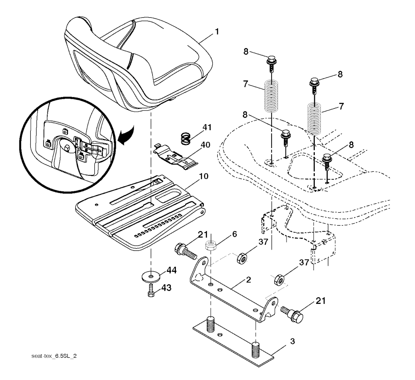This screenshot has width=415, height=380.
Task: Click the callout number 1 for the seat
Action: coord(217,32)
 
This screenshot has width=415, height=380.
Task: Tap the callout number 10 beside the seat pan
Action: coord(203,176)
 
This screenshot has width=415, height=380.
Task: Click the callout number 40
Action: coord(205,145)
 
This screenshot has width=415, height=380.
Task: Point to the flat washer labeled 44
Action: coord(151,277)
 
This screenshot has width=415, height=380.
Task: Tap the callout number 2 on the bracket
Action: coord(248,280)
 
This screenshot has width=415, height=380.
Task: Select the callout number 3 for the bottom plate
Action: coord(292,342)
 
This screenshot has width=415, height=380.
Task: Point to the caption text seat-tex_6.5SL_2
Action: coord(54,356)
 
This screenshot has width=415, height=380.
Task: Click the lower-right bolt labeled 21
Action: coord(292,314)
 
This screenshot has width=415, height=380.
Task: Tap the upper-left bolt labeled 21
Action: coord(186,251)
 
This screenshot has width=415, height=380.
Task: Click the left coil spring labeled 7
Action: coord(272,96)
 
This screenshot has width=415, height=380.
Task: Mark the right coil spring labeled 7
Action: coord(314,119)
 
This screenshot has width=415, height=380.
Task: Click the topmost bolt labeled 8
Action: coord(272,63)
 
